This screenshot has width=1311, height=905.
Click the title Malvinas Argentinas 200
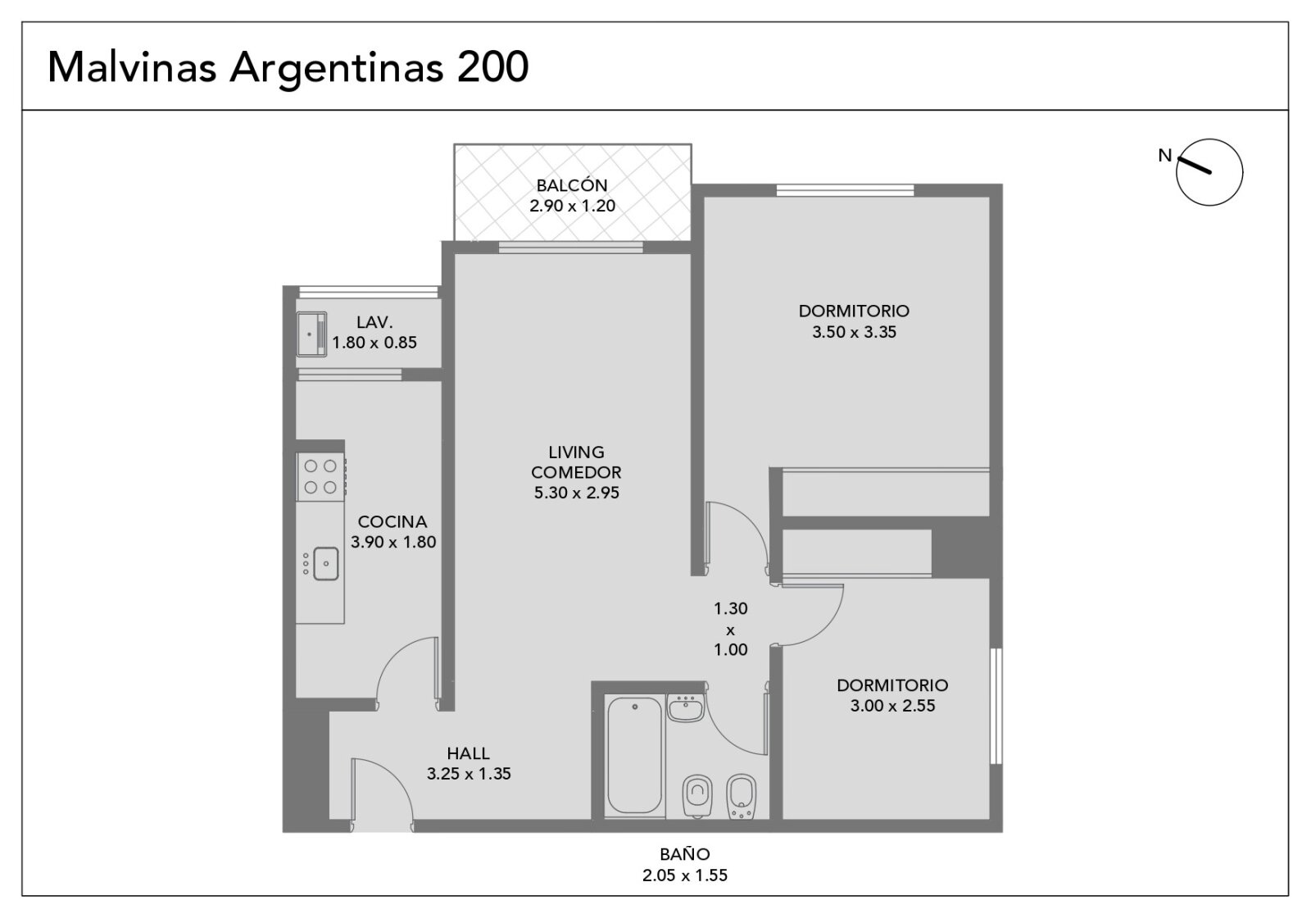[x=288, y=68]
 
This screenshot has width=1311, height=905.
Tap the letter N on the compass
[x=1164, y=155]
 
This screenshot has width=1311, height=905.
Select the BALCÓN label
[x=572, y=184]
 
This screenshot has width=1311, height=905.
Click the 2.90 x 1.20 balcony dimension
[x=572, y=206]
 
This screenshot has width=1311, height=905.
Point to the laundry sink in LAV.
[x=311, y=334]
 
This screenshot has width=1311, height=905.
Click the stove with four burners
[x=320, y=476]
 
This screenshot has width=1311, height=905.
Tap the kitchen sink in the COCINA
[x=325, y=563]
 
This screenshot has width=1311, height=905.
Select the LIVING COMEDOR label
[x=576, y=462]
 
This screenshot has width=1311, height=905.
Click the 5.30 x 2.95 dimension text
[x=576, y=493]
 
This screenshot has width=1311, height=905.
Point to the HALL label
[x=468, y=753]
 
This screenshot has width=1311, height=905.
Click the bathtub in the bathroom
[x=635, y=756]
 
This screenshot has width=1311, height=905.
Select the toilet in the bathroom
[x=697, y=796]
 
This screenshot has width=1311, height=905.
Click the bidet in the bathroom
[x=742, y=797]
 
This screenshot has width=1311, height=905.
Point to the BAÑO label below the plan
[x=684, y=854]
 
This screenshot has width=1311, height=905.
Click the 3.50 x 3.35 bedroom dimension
[x=854, y=332]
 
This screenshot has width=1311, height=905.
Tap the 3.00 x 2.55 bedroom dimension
[x=892, y=706]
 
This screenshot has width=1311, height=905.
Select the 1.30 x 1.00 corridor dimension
[x=730, y=630]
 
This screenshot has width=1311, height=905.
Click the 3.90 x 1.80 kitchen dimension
[x=393, y=542]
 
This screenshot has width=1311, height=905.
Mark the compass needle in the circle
[x=1194, y=165]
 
